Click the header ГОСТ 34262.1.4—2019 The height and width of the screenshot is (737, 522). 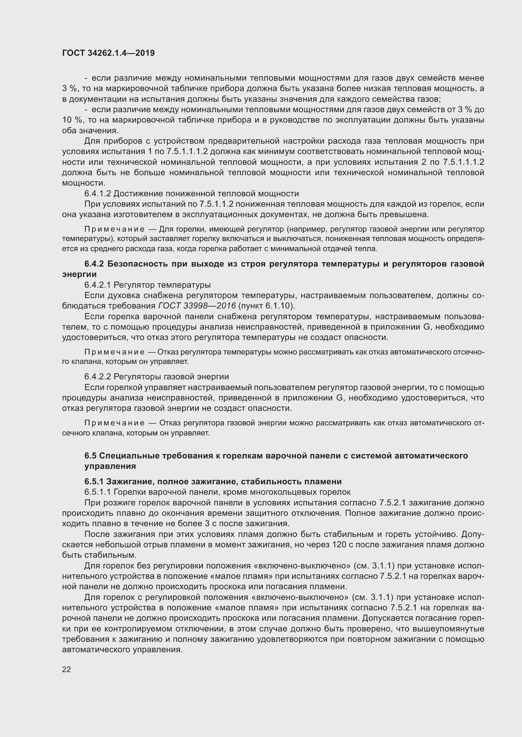pyautogui.click(x=108, y=53)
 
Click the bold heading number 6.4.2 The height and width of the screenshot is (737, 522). pyautogui.click(x=94, y=264)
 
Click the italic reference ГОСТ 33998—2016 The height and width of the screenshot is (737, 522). pyautogui.click(x=197, y=306)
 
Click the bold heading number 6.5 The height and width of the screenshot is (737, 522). pyautogui.click(x=90, y=456)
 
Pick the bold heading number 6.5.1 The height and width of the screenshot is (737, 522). pyautogui.click(x=94, y=481)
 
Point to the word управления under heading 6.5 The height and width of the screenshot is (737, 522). pyautogui.click(x=110, y=466)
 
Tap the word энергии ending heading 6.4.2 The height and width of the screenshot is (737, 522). pyautogui.click(x=79, y=274)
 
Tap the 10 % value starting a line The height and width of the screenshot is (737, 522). pyautogui.click(x=71, y=120)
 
